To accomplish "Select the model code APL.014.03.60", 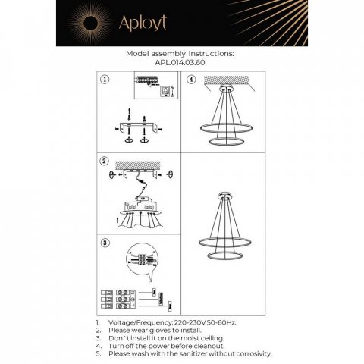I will click(x=181, y=63).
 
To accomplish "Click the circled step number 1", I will click(x=105, y=79).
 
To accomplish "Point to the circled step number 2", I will click(x=105, y=162).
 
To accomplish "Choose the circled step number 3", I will click(x=105, y=243).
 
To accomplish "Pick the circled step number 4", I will click(x=191, y=79).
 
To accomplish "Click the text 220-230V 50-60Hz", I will click(x=204, y=322).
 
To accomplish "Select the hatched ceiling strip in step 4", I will click(x=224, y=79).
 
